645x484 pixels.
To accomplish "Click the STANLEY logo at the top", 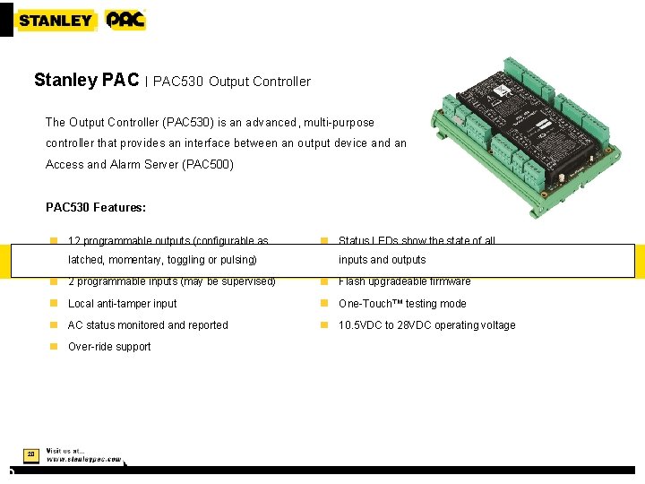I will (x=56, y=20).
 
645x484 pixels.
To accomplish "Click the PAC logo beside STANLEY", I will (x=125, y=20).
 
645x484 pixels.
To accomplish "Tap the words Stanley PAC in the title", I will (x=86, y=81).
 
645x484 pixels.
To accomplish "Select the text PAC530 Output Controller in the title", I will (x=232, y=82).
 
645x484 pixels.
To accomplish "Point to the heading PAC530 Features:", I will (x=96, y=208).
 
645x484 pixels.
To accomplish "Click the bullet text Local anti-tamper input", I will (x=123, y=304).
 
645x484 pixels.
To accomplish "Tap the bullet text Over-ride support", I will (x=109, y=347).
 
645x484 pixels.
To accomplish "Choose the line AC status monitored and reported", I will (x=148, y=325).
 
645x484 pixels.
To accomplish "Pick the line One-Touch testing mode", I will (x=402, y=304).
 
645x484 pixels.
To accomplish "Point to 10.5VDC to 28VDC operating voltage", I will (x=426, y=325).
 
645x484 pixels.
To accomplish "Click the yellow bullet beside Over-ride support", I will (x=54, y=347).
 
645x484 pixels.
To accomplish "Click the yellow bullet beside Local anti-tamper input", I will (x=54, y=304).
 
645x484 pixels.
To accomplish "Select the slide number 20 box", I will (x=30, y=454).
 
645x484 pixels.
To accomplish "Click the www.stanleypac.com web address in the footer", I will (x=83, y=459).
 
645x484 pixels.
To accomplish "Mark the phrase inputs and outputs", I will (x=382, y=260).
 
